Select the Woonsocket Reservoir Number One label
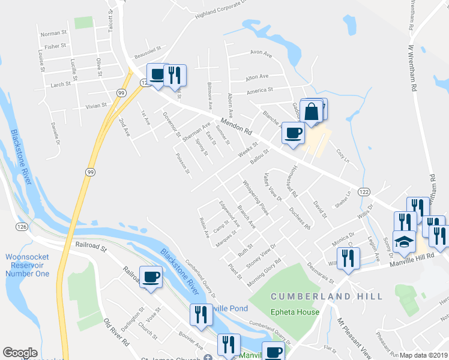[x=27, y=265]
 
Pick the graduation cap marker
[x=404, y=242]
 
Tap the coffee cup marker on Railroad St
[x=151, y=278]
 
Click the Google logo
[x=20, y=353]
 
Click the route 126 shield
[x=20, y=226]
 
